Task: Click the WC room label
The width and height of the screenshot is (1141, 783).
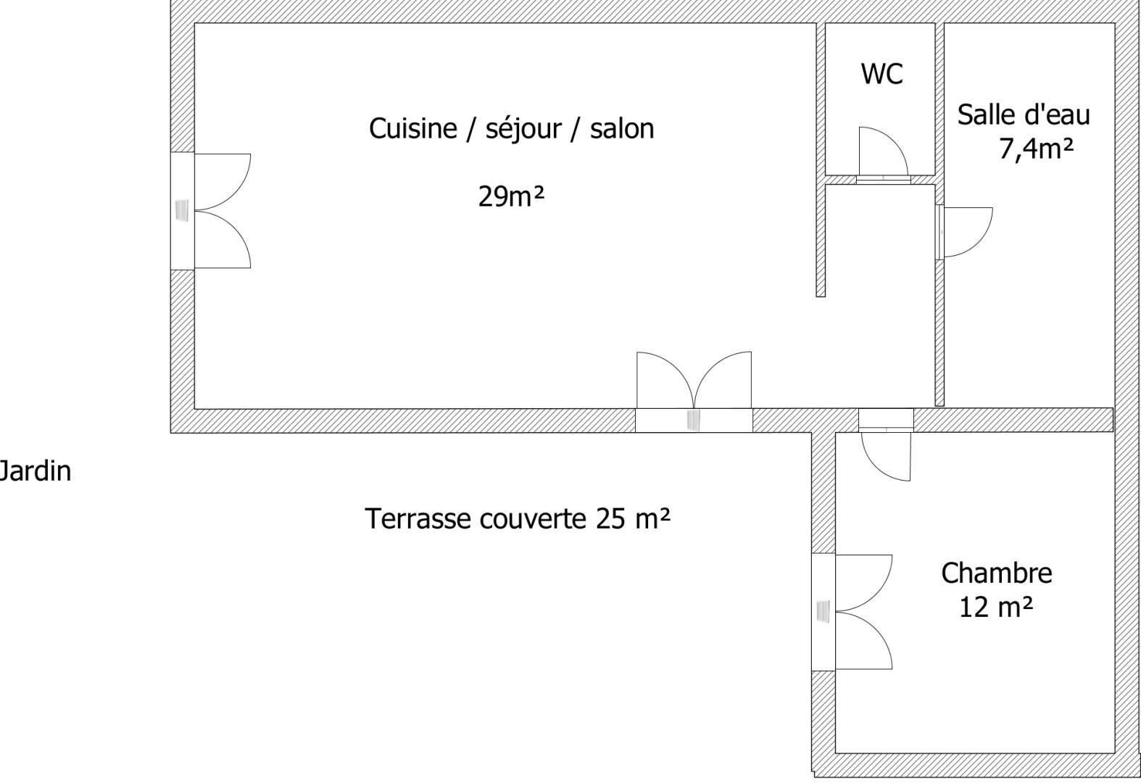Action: (x=881, y=74)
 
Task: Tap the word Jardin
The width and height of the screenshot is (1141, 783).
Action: (x=35, y=471)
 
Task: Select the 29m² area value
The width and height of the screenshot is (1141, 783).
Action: (x=511, y=196)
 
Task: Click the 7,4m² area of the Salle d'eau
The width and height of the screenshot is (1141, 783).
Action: (x=1036, y=149)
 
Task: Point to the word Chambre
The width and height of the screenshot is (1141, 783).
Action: (x=996, y=573)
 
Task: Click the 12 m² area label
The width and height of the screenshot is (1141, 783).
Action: (x=996, y=608)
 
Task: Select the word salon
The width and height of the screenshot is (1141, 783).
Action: (x=622, y=128)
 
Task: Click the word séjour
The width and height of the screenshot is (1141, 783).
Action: (x=523, y=128)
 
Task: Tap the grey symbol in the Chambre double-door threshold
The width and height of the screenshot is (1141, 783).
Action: (x=823, y=611)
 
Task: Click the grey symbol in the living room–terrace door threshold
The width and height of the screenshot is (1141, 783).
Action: (x=693, y=420)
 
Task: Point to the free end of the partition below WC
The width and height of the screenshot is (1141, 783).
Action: (x=821, y=296)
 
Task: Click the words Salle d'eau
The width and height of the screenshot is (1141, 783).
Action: (x=1024, y=115)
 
